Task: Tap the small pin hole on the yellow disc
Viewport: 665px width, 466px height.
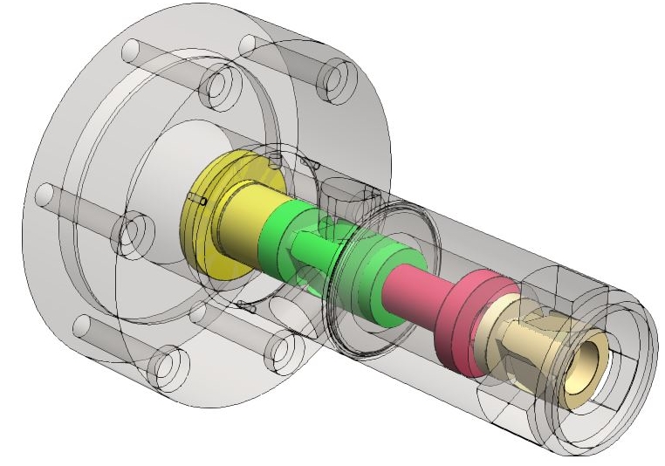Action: coord(202,202)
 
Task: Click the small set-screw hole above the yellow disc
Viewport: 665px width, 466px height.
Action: coord(277,159)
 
